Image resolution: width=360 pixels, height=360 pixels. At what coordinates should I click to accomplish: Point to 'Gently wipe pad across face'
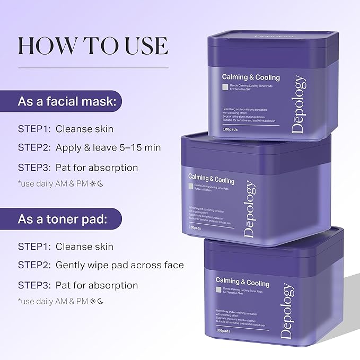(120, 265)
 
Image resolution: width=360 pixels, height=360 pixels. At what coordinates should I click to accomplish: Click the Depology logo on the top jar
(300, 105)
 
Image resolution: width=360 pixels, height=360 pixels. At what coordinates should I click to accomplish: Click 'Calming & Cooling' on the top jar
(251, 77)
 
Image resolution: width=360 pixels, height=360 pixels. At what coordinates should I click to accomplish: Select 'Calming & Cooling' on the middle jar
(216, 177)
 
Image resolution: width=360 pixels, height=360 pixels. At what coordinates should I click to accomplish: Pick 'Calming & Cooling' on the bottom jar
(242, 281)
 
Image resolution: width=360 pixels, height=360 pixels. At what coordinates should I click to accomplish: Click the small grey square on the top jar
(225, 87)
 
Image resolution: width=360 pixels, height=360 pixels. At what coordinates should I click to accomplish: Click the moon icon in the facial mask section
(99, 184)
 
